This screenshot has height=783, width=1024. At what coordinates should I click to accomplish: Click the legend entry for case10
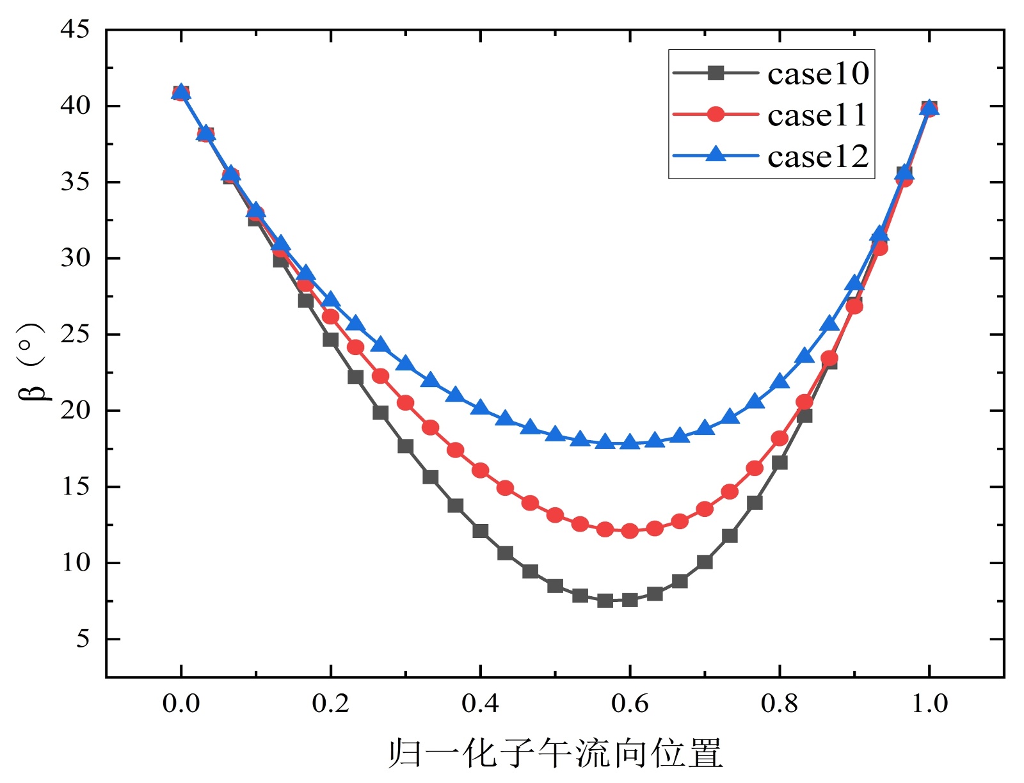point(818,74)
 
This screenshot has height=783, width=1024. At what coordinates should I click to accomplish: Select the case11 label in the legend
point(818,115)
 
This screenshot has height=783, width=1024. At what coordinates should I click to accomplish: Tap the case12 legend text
point(818,157)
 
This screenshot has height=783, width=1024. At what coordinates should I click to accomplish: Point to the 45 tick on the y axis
point(75,29)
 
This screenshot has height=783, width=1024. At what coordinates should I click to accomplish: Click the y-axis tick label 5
point(83,639)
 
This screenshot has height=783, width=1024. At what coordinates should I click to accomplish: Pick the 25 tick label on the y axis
point(75,335)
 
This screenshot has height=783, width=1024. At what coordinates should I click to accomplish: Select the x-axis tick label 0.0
point(181,704)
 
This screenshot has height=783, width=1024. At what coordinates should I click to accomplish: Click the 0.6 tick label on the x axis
point(630,704)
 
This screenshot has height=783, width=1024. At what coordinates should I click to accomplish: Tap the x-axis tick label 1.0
point(929,704)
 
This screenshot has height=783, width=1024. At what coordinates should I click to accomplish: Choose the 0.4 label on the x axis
point(480,704)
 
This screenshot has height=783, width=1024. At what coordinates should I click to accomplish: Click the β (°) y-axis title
point(32,361)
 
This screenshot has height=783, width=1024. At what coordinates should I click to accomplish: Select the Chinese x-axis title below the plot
point(555,752)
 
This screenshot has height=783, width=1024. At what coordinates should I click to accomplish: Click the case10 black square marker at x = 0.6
point(630,599)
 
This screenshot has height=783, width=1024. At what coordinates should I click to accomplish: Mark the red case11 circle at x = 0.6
point(630,530)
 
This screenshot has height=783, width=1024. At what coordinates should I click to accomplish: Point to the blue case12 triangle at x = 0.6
point(630,442)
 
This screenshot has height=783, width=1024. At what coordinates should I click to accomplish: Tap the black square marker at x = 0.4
point(480,531)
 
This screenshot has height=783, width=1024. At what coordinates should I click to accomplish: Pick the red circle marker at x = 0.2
point(331,316)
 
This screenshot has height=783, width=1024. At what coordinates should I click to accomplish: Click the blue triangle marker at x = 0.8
point(780,382)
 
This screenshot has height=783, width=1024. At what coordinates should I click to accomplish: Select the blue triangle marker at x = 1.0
point(929,108)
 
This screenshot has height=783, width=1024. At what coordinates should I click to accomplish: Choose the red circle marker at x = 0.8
point(780,438)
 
